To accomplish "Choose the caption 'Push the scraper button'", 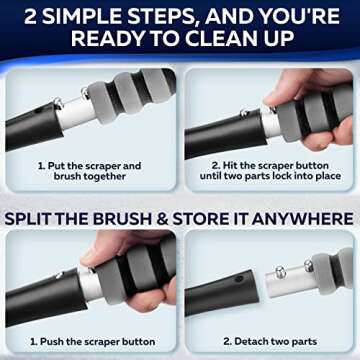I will [x=92, y=341].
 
